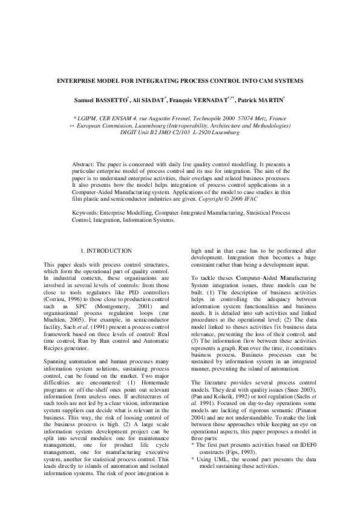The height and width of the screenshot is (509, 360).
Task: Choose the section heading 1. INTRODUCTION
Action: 106,250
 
